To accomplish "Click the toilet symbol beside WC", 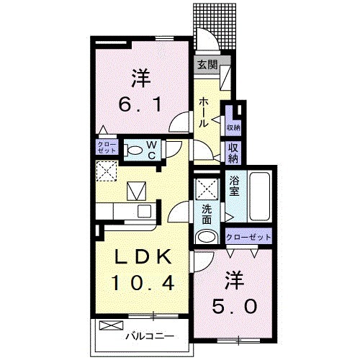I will point(133,150).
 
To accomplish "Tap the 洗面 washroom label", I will point(207,213).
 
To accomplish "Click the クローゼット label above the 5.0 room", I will point(248,236).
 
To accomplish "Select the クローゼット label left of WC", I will point(104,149).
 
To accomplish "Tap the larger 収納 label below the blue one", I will point(233,153).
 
